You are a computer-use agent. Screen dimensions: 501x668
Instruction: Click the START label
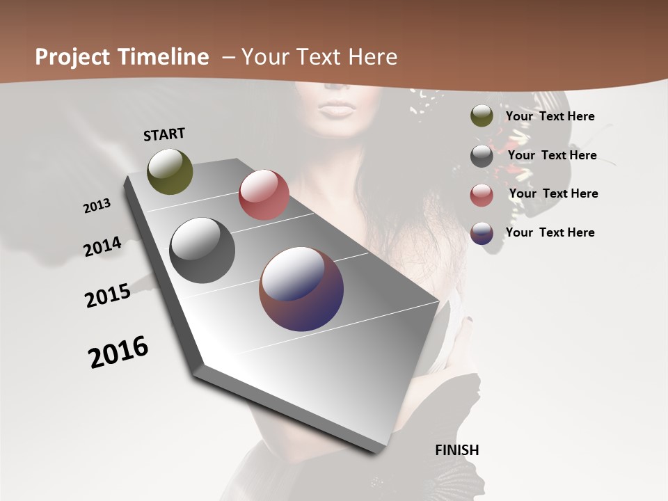pos(164,134)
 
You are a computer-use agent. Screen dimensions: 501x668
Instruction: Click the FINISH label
pos(457,450)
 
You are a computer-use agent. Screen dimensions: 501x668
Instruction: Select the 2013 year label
pos(97,206)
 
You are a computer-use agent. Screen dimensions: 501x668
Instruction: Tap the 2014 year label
pos(103,246)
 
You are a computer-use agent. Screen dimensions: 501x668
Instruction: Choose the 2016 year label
pos(118,352)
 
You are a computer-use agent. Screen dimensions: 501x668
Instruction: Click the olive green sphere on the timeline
pos(170,171)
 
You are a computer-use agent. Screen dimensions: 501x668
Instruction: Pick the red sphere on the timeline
pos(264,195)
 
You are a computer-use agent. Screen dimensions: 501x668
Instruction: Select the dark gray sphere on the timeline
pos(202,250)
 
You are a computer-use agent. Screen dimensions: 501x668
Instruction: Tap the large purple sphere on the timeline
pos(301,289)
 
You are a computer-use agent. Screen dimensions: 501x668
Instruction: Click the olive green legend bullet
pos(482,116)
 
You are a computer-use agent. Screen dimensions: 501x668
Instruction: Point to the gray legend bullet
pos(482,156)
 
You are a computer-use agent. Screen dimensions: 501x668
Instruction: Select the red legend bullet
pos(482,195)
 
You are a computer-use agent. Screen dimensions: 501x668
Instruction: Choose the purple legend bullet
pos(482,233)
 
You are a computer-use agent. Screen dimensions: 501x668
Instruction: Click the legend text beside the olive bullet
pos(550,117)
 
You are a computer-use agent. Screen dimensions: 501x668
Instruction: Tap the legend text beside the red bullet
pos(554,193)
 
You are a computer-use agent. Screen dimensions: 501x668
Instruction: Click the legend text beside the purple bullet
pos(550,232)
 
